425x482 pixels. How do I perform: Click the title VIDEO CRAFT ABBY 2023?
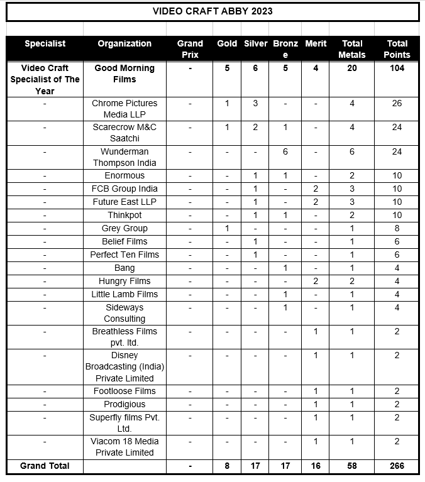[x=213, y=11]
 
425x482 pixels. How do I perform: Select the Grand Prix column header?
[x=190, y=49]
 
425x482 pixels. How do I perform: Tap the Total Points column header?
[x=397, y=49]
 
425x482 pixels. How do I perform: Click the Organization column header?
[x=124, y=43]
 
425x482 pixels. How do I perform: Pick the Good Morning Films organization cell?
[x=124, y=74]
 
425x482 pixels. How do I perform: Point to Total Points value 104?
[x=397, y=68]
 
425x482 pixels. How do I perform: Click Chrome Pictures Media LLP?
[x=124, y=109]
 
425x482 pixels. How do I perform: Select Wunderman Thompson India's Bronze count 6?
[x=285, y=151]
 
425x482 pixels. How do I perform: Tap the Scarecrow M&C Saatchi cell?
[x=124, y=133]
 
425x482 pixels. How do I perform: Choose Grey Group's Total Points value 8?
[x=397, y=228]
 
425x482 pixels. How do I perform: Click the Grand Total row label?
[x=45, y=466]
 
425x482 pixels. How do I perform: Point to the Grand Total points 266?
[x=397, y=466]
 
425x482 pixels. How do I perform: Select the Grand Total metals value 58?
[x=352, y=466]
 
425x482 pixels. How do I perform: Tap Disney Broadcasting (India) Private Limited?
[x=124, y=366]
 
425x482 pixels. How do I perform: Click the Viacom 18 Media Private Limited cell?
[x=124, y=447]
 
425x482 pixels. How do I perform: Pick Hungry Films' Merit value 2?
[x=316, y=281]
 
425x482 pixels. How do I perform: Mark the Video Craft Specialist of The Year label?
[x=45, y=79]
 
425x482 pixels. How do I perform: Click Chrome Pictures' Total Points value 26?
[x=397, y=103]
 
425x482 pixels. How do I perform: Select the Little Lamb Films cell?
[x=124, y=294]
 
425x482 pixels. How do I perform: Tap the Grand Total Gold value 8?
[x=227, y=466]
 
